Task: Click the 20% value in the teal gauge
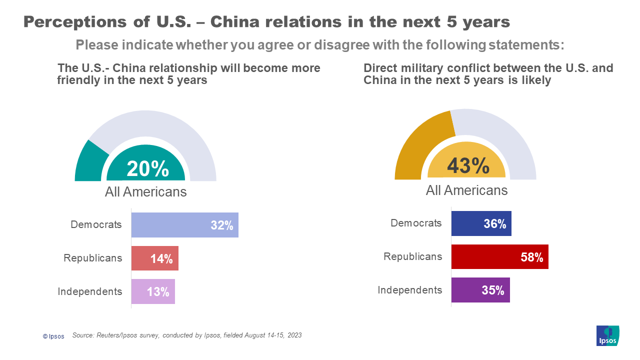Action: click(147, 169)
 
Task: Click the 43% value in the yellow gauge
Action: click(468, 166)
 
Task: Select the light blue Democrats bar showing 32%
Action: click(184, 225)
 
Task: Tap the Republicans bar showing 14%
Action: click(154, 258)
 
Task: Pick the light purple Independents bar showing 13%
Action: click(153, 291)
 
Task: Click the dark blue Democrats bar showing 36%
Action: click(481, 223)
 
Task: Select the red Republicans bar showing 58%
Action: click(499, 257)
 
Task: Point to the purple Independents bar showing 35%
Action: click(480, 290)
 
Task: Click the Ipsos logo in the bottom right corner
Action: click(607, 335)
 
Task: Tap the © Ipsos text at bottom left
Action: click(53, 336)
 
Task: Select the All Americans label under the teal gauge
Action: click(145, 192)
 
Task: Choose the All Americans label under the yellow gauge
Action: click(466, 190)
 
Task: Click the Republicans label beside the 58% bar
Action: click(412, 256)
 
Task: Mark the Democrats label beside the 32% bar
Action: click(96, 224)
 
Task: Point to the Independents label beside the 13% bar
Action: click(89, 291)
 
